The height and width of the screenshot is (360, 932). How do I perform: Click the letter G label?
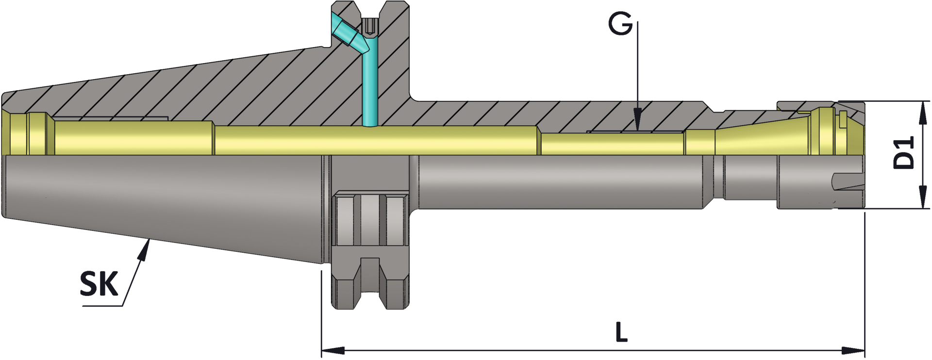621,24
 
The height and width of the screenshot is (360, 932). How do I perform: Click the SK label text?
100,284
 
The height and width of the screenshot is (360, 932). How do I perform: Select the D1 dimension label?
904,153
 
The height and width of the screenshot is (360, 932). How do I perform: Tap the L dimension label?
621,332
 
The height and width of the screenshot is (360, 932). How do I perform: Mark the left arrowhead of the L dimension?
333,350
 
